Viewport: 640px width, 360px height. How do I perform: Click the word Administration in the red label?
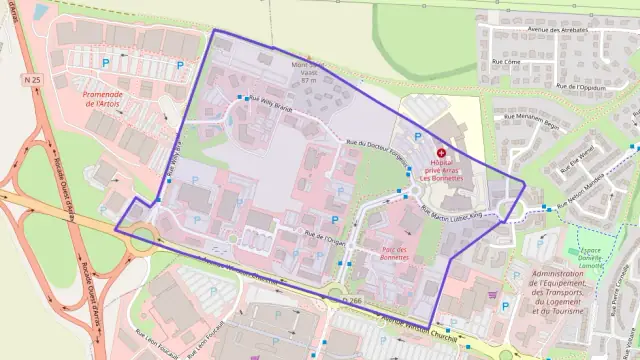pyautogui.click(x=563, y=274)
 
